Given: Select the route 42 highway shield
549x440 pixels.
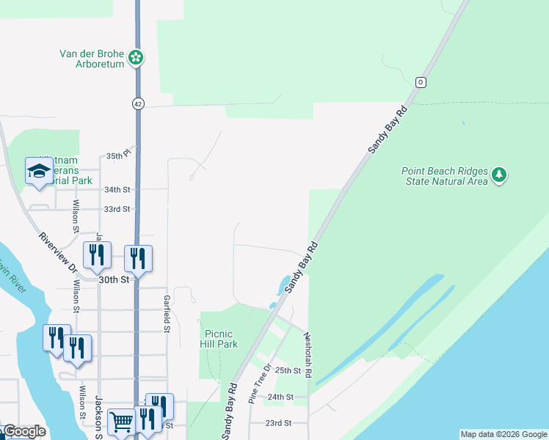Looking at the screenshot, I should click(138, 104).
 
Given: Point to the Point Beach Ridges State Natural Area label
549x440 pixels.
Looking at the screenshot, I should click(445, 176).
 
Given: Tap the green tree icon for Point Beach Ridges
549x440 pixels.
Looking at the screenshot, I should click(500, 175).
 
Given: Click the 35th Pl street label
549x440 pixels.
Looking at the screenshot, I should click(117, 156).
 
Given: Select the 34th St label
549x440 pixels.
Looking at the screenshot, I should click(117, 189).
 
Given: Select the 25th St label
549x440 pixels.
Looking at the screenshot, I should click(288, 371).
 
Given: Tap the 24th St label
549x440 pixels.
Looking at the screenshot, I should click(276, 397).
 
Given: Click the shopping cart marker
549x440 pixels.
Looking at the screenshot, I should click(121, 422).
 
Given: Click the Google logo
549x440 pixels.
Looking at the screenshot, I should click(23, 431).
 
